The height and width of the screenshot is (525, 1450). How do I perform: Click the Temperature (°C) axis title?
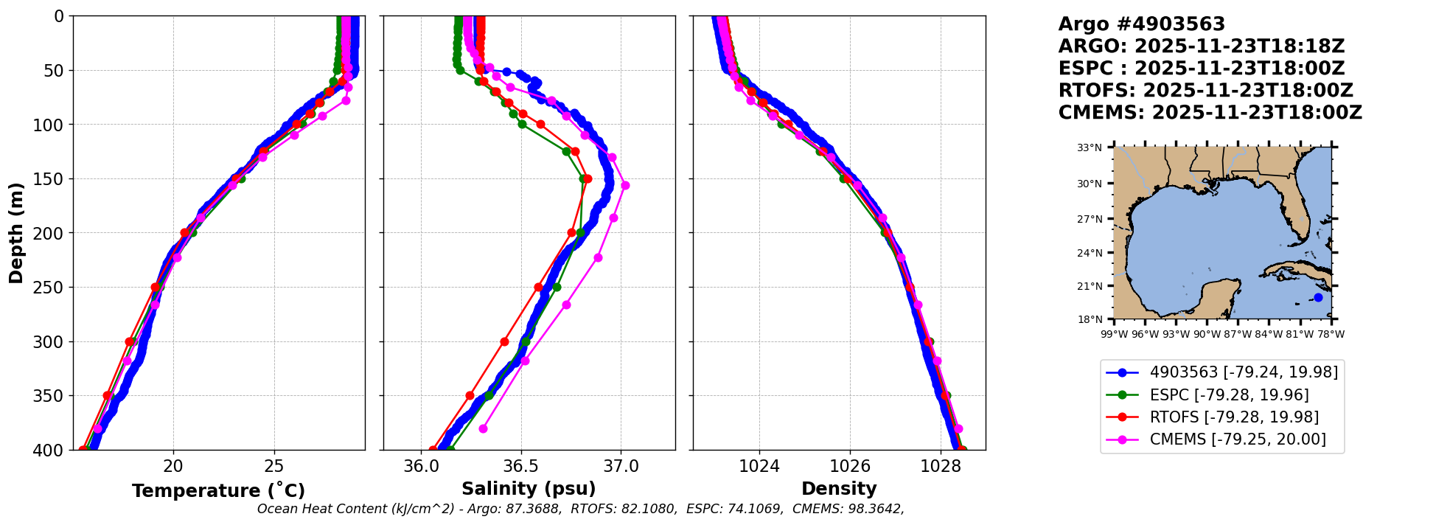[x=218, y=490]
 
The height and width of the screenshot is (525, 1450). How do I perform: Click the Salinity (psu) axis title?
[x=529, y=489]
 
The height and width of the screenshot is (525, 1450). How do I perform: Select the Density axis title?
[x=839, y=489]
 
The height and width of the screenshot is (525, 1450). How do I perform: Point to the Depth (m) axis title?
[x=16, y=233]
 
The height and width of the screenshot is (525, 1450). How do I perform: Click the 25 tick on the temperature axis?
[x=273, y=466]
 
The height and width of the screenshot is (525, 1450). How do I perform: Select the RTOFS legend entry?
[x=1234, y=417]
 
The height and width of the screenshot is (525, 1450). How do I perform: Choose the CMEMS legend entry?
[x=1238, y=439]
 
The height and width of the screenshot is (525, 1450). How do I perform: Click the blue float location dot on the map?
[x=1318, y=297]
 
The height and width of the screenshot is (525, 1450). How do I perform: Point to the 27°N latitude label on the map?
[x=1090, y=219]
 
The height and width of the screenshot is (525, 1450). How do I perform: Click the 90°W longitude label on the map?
[x=1207, y=334]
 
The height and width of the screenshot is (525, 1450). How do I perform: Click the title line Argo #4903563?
[x=1141, y=24]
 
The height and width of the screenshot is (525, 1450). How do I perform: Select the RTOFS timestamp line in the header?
[x=1205, y=91]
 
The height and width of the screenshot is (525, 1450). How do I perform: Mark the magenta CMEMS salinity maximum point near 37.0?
[x=625, y=185]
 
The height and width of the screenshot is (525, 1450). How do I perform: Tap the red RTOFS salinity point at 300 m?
[x=504, y=341]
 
